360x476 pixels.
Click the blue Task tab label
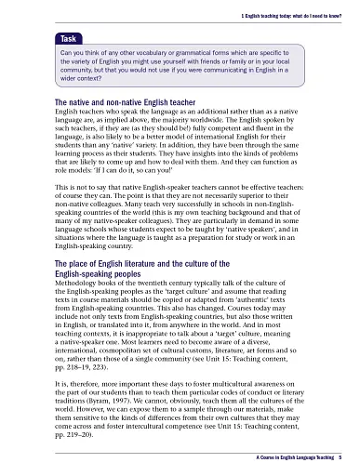(x=68, y=40)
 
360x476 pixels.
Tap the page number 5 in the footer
(x=340, y=458)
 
